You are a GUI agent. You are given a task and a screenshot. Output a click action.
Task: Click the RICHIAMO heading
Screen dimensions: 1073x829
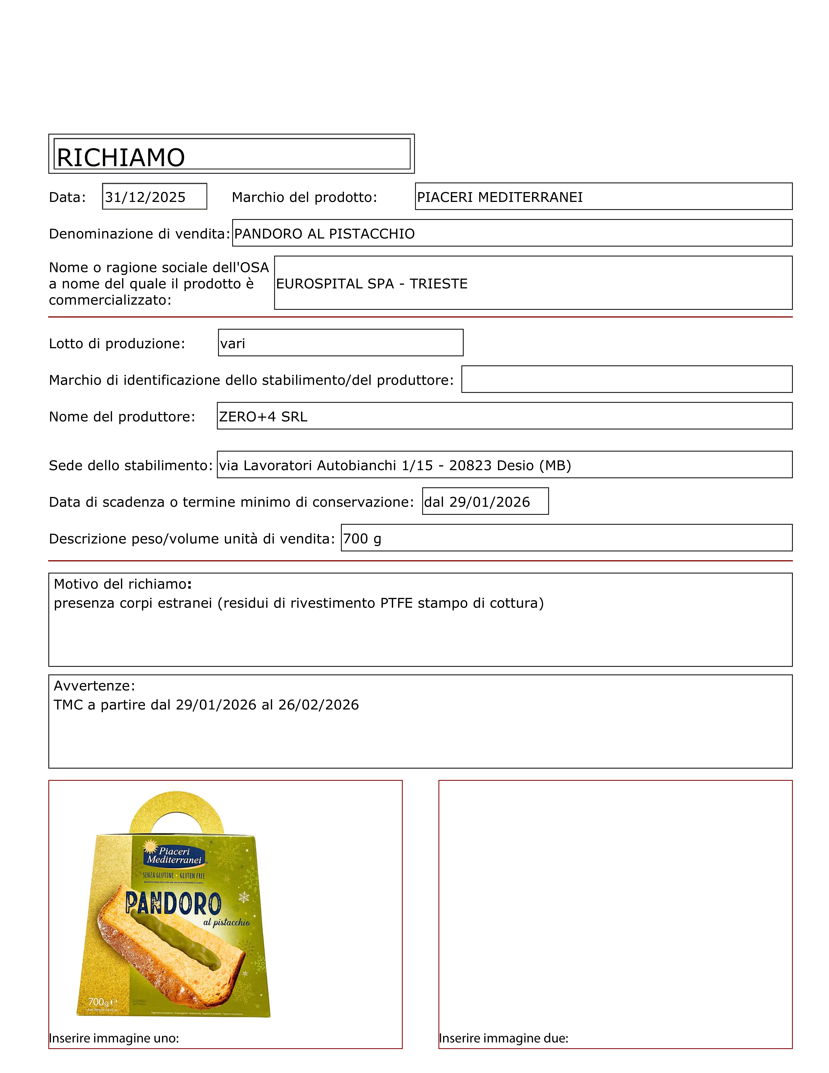click(121, 158)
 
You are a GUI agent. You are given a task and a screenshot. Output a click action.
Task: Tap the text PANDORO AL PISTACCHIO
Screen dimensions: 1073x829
click(324, 234)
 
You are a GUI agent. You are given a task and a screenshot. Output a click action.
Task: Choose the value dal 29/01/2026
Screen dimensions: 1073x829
click(477, 502)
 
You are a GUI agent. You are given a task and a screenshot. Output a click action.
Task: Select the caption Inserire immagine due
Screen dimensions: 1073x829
click(503, 1038)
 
